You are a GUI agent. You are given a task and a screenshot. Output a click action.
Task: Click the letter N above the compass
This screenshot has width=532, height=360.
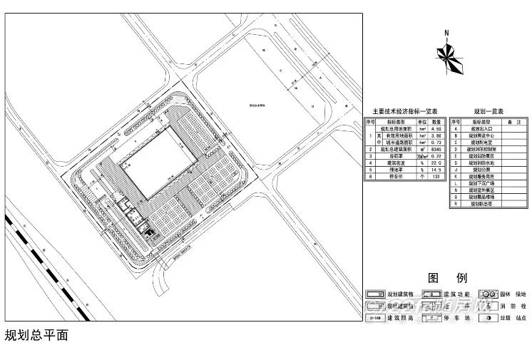446,33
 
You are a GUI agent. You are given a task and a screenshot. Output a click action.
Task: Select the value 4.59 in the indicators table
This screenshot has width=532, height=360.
436,129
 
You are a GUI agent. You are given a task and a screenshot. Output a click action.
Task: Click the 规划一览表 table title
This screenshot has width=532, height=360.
489,112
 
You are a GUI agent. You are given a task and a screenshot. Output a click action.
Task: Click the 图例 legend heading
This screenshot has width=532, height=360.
447,277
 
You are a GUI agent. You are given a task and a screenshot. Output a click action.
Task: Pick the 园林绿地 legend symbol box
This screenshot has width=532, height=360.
488,294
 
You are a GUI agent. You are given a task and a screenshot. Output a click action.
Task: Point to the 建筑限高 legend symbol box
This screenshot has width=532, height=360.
375,319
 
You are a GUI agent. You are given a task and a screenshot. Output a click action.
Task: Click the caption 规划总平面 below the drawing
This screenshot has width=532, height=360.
36,335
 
